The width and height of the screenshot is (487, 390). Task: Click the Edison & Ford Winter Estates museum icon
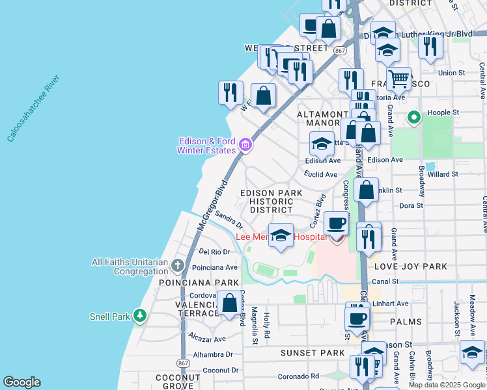[245, 144]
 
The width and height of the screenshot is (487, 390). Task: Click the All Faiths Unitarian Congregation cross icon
[178, 265]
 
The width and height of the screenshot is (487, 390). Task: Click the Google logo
[22, 382]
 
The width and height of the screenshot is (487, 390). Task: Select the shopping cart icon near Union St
[399, 79]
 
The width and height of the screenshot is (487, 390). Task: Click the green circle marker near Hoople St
[413, 118]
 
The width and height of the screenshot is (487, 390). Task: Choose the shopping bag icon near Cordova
[229, 303]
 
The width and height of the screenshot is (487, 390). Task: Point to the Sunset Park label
[303, 353]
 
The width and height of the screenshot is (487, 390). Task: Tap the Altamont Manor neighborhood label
[323, 118]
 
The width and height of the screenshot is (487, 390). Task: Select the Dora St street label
[411, 205]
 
